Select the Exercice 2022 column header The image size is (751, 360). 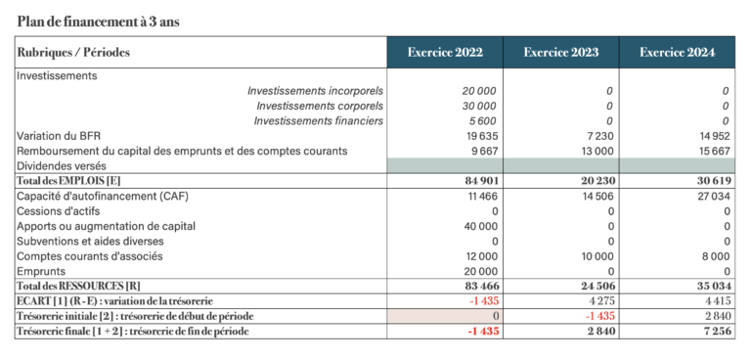point(445,53)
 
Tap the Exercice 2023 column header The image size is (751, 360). point(561,53)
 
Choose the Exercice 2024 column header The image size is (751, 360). point(678,53)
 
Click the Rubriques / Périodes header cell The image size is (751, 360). point(73,53)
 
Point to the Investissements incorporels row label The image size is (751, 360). point(315,90)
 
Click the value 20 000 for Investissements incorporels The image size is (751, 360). point(479,90)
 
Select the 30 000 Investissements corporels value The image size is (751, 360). point(479,106)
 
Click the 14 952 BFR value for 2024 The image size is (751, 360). point(713,136)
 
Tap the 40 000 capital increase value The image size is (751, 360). point(479,226)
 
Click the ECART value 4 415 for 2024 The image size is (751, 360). point(717,300)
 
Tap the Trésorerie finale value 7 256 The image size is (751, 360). point(716,332)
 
